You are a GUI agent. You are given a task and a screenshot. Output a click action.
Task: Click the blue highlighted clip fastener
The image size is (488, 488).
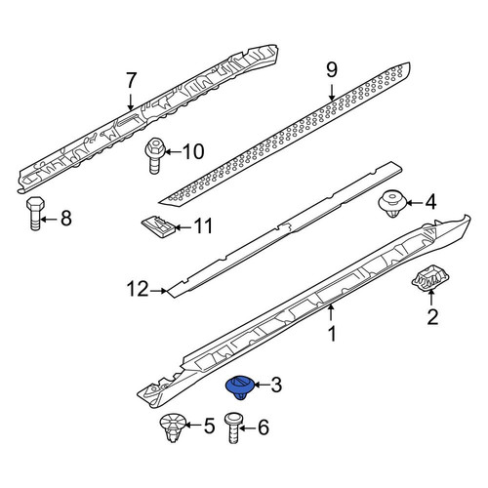point(240,387)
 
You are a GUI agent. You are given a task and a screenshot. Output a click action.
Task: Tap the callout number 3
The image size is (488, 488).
point(276,385)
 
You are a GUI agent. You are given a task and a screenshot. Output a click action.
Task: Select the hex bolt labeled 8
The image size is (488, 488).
point(35,214)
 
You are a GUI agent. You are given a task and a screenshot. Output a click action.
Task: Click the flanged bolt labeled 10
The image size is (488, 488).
point(155,156)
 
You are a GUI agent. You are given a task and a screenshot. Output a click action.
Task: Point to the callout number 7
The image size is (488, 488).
point(131,80)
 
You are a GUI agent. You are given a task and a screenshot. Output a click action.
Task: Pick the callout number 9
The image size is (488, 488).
point(332,70)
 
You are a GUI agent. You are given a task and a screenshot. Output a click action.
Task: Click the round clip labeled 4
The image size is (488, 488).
point(393,204)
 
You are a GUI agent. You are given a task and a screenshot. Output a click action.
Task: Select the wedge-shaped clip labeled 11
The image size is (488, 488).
point(158,225)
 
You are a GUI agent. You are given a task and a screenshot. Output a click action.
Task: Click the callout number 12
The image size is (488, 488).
point(138,289)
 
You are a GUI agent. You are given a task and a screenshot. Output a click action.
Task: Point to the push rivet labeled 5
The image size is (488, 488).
point(173,427)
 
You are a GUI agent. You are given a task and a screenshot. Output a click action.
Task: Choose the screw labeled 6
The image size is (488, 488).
point(233,427)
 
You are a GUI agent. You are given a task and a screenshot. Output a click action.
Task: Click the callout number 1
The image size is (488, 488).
point(332,334)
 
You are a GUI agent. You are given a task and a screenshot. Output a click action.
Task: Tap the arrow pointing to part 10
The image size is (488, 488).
point(174,152)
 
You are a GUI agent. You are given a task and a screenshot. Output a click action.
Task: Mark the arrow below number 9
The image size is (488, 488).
point(332,93)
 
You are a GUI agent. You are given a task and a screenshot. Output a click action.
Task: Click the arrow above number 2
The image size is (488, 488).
point(430,298)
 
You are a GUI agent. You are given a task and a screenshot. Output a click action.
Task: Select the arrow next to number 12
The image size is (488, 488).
point(159,291)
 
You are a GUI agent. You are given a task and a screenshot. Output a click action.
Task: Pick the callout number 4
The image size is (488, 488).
point(430,203)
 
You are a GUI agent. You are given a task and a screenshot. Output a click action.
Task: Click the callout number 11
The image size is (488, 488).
point(203,225)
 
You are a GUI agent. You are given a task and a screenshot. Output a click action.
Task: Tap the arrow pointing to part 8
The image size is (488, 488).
point(49,220)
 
